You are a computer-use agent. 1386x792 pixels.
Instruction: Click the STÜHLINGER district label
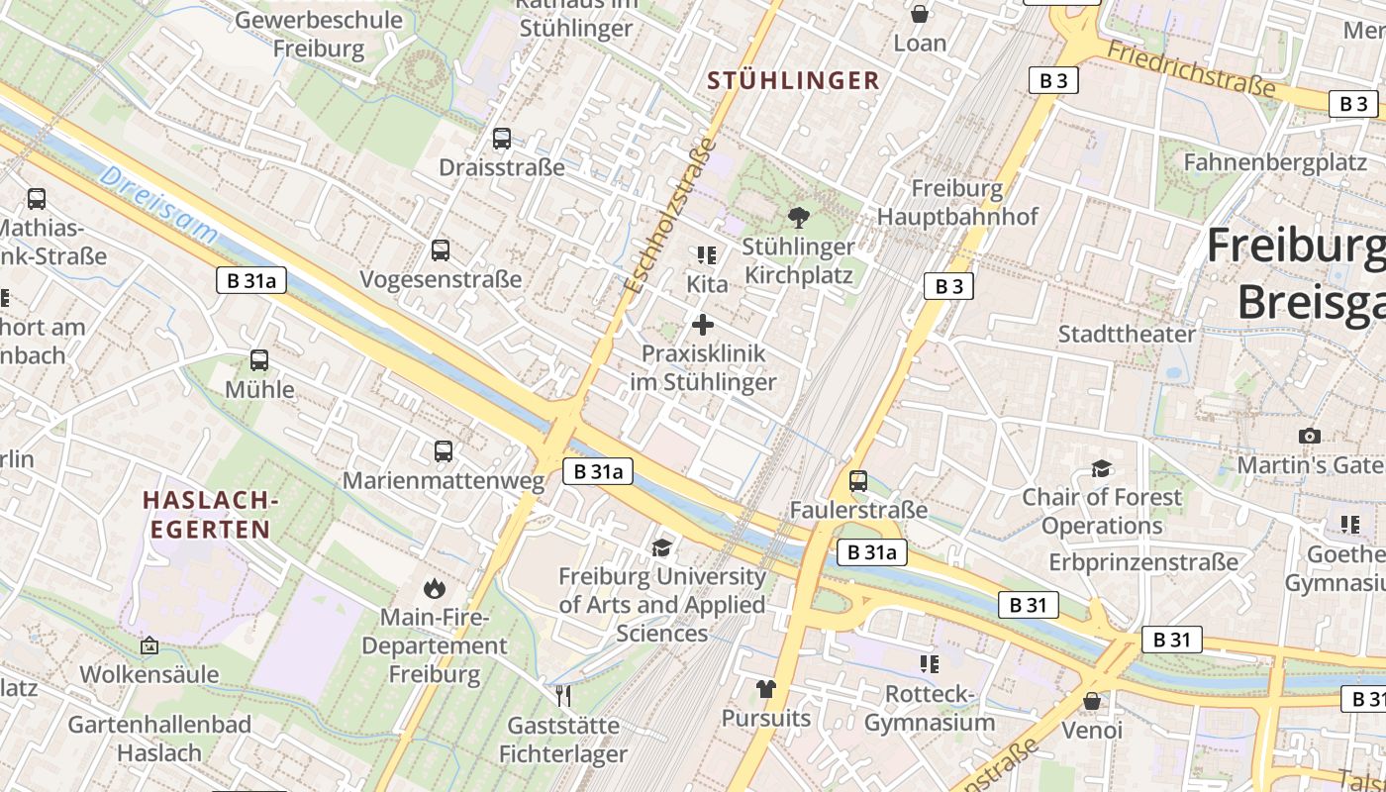[793, 81]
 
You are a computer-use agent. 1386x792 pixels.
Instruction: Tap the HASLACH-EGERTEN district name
[209, 515]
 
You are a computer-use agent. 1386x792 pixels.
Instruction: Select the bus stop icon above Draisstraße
[502, 139]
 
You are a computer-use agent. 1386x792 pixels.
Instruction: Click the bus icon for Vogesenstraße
[441, 250]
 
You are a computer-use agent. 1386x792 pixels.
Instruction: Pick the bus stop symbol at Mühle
[259, 360]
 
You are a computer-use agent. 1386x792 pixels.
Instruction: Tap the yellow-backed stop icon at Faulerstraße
[858, 481]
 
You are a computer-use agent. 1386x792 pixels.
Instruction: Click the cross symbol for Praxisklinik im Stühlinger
[703, 325]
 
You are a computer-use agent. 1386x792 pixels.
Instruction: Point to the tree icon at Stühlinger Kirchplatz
[798, 218]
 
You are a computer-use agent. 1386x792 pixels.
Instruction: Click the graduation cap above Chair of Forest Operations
[1101, 468]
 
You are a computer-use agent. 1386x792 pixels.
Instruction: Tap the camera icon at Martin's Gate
[1309, 436]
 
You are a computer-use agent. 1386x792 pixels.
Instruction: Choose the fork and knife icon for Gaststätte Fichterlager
[563, 696]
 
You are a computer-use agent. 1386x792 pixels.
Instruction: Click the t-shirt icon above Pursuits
[765, 689]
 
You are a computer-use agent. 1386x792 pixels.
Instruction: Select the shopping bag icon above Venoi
[1092, 701]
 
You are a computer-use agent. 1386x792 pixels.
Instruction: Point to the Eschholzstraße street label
[670, 215]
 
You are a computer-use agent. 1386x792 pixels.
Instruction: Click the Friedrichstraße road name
[1190, 68]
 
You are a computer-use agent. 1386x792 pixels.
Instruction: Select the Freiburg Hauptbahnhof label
[956, 202]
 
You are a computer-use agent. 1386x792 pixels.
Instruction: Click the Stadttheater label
[1127, 334]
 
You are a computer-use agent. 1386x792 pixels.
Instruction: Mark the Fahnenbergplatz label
[1275, 163]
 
